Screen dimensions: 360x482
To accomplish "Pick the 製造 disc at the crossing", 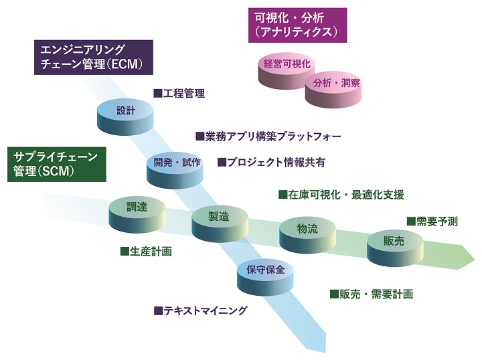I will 219,218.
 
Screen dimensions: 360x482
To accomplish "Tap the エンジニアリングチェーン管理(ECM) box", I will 93,57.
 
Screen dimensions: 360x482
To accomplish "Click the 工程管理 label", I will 179,93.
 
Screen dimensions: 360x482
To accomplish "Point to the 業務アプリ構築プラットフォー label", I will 268,136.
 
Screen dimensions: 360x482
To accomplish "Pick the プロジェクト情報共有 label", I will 271,162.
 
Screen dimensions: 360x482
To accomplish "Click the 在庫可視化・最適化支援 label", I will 341,195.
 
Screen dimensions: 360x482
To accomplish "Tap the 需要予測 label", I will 432,221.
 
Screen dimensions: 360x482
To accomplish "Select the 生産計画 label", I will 146,252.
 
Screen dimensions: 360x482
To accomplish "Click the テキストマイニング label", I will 200,310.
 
